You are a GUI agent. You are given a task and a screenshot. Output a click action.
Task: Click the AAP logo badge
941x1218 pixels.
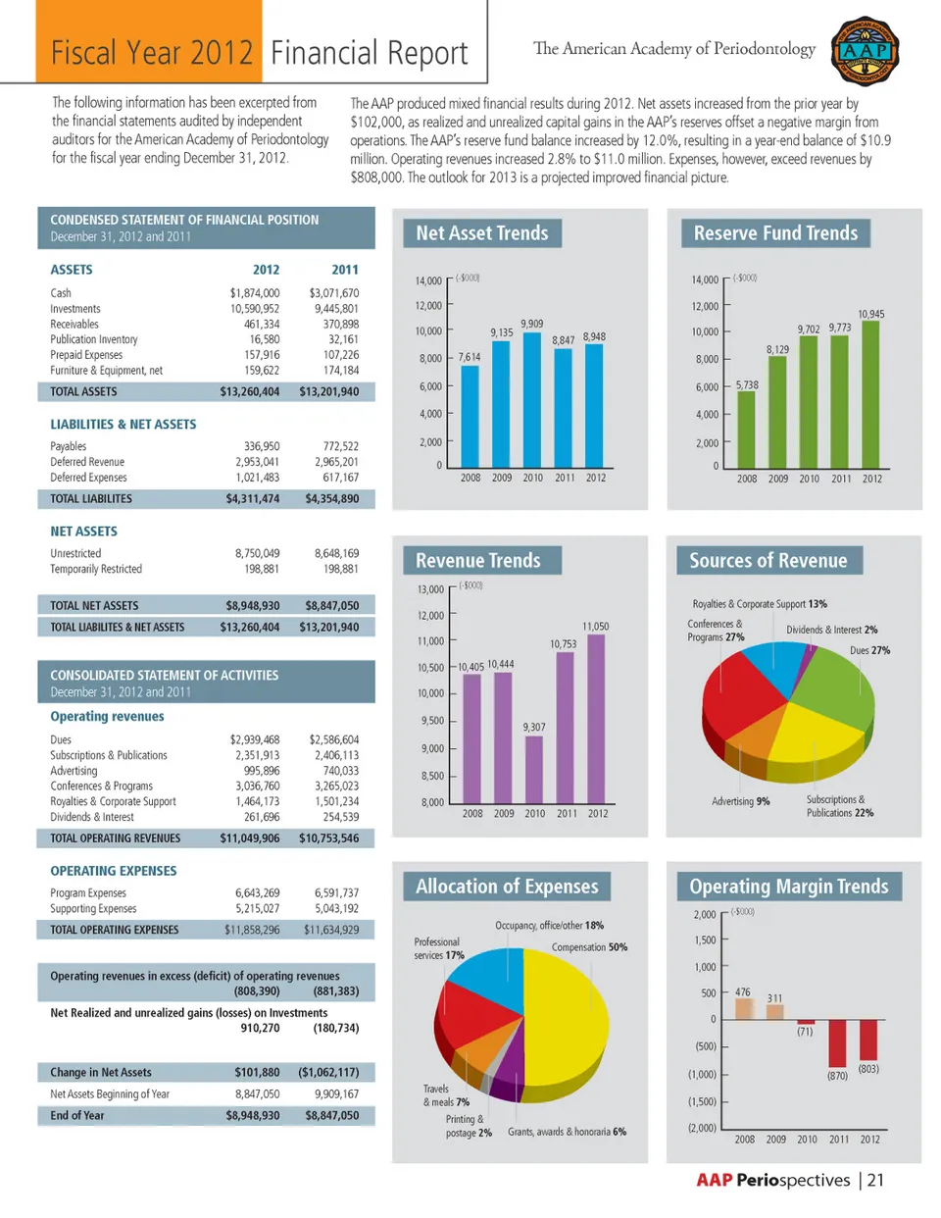(x=865, y=51)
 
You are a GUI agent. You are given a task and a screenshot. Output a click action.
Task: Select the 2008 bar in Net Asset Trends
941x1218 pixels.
(x=470, y=416)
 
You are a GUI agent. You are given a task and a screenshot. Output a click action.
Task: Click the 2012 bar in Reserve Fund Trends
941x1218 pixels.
(x=870, y=394)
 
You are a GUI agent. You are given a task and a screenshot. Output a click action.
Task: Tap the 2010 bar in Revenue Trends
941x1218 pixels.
(x=534, y=769)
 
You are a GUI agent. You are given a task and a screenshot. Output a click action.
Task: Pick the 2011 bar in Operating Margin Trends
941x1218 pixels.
(x=837, y=1043)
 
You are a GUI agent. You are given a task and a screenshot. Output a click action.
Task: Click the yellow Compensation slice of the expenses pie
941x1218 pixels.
(x=569, y=1020)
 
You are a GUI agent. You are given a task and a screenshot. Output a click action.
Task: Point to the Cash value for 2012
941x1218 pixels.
(x=255, y=293)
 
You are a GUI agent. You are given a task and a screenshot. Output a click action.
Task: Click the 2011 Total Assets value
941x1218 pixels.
(x=329, y=392)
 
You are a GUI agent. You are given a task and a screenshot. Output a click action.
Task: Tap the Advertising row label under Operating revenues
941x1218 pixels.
(x=74, y=771)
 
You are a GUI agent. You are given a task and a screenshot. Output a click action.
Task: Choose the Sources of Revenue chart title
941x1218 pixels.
(x=768, y=561)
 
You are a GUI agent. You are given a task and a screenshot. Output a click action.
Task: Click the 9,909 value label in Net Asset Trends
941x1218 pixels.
(x=532, y=324)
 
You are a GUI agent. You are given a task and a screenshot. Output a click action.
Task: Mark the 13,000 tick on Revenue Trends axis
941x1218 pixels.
(x=430, y=589)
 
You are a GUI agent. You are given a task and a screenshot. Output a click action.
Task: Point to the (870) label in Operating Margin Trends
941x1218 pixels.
(x=837, y=1076)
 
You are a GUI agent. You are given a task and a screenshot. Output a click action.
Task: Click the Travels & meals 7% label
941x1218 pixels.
(x=446, y=1095)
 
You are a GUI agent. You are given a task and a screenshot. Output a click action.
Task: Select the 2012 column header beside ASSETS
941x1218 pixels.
(x=266, y=270)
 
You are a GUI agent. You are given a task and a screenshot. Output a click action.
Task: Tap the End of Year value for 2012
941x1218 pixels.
(x=253, y=1116)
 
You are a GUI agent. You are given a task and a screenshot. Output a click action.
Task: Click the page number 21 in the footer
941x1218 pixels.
(x=875, y=1181)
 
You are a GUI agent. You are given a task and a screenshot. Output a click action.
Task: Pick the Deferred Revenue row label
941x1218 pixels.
(x=87, y=462)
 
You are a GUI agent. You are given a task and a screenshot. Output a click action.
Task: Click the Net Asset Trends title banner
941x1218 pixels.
(x=482, y=233)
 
